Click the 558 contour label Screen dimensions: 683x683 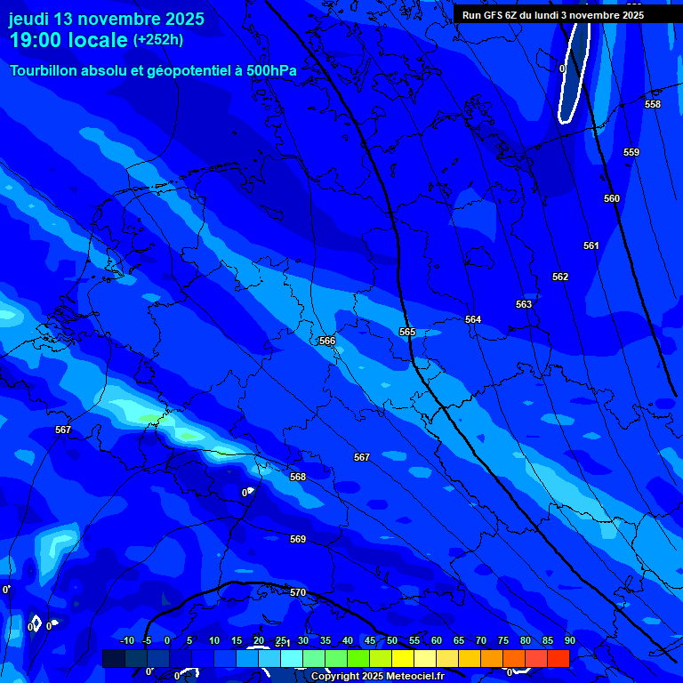point(652,104)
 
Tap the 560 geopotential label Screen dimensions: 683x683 point(611,198)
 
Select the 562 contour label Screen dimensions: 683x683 point(559,277)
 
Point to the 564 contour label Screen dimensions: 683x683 point(472,319)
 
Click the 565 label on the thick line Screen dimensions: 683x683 point(406,332)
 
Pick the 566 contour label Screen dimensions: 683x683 point(327,341)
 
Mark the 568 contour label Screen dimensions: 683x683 point(297,477)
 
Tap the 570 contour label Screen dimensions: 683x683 point(297,592)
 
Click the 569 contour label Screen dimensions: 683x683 point(297,539)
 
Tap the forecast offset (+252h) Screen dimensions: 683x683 point(158,40)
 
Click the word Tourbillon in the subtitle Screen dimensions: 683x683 point(45,70)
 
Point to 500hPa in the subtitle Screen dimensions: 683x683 point(271,70)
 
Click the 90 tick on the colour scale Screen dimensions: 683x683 point(569,640)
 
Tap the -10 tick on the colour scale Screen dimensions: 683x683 point(126,640)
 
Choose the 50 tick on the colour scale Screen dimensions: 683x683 point(391,640)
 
